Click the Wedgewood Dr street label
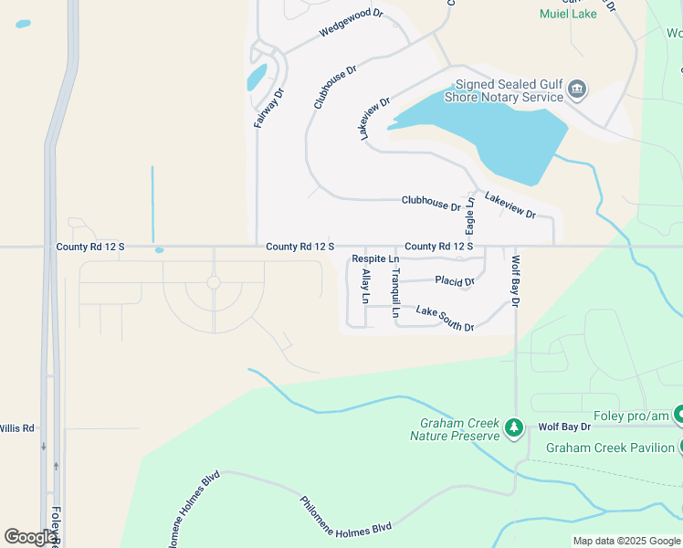tap(351, 24)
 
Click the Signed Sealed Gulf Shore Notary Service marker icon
tap(576, 90)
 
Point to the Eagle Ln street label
tap(470, 216)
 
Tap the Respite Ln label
tap(375, 259)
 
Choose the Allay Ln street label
tap(365, 286)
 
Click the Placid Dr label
tap(455, 280)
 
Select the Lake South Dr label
tap(445, 319)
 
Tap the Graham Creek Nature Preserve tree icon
tap(514, 427)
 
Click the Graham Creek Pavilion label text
tap(610, 448)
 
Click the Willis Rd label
tap(16, 427)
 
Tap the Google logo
tap(30, 536)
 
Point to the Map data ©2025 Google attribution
tap(625, 541)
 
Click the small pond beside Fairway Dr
tap(257, 77)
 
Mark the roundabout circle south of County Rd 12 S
tap(214, 283)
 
